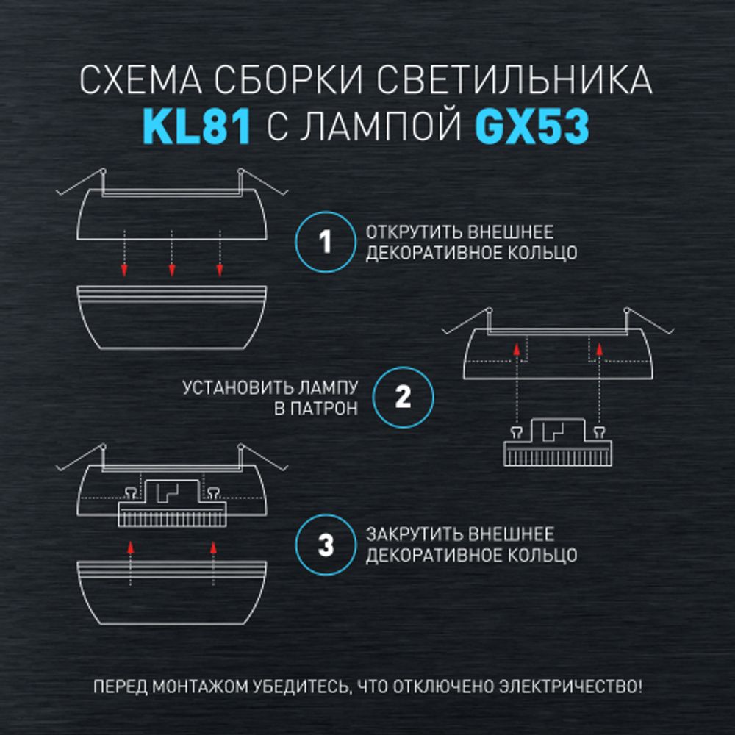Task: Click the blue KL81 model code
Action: click(x=196, y=126)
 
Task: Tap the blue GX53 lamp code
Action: click(x=531, y=126)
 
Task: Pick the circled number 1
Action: click(x=326, y=243)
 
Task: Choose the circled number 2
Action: click(x=403, y=398)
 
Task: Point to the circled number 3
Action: click(x=326, y=545)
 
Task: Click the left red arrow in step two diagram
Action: click(x=517, y=351)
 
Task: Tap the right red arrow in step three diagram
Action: click(x=213, y=546)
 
